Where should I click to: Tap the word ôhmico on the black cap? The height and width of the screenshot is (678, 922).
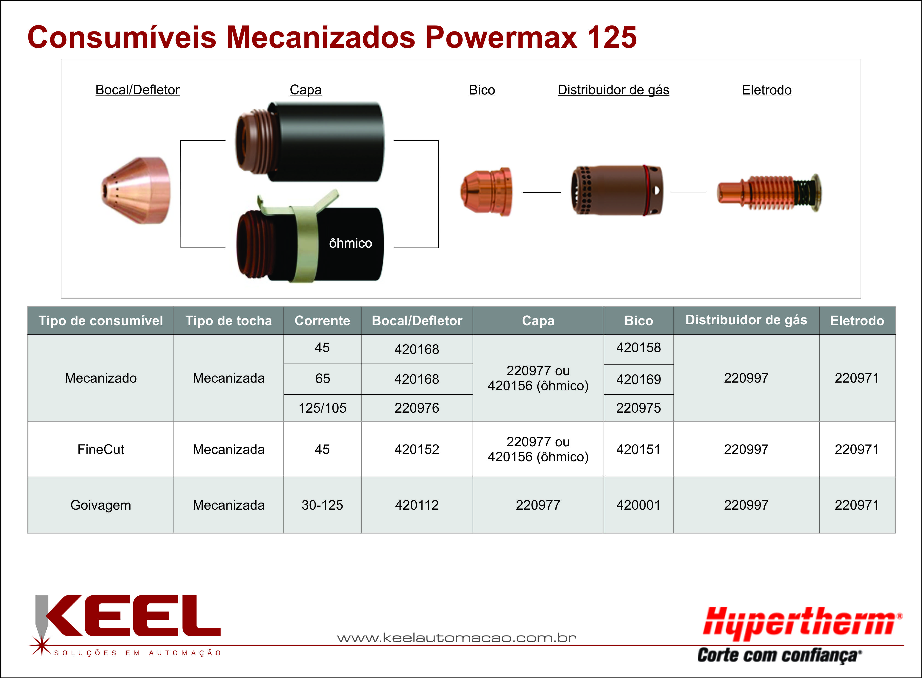point(351,243)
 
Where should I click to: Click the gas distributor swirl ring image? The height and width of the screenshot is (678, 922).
point(617,191)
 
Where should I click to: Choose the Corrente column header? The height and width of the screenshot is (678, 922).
point(322,320)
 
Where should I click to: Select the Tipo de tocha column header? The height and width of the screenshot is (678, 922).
point(229,320)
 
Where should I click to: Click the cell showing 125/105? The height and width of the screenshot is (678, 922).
point(322,408)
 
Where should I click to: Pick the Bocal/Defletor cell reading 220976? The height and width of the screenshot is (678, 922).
point(417,408)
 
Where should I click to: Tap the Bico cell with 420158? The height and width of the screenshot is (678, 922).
point(638,348)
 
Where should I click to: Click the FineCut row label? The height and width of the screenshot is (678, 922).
point(100,449)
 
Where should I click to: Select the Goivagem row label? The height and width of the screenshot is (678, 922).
point(100,505)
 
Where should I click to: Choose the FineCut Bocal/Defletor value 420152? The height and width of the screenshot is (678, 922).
point(417,449)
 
